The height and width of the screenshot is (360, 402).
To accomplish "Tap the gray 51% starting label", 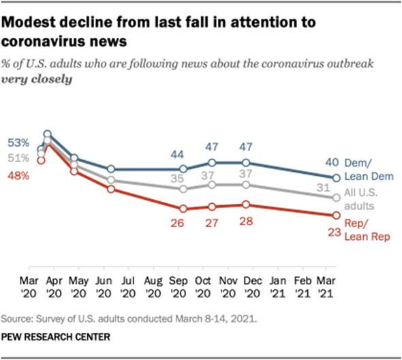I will (x=19, y=158).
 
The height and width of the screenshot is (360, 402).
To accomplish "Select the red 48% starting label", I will (x=19, y=175).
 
